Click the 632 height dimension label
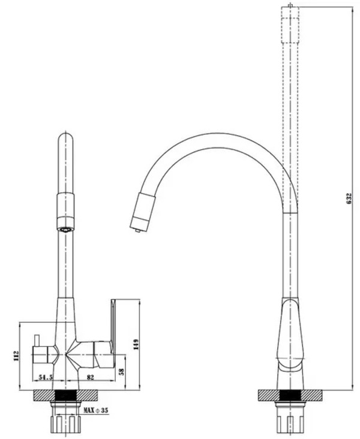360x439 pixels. [x=349, y=199]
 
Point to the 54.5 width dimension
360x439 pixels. [x=46, y=377]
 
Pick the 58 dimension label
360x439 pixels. [x=122, y=372]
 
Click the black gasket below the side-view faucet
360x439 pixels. [x=290, y=396]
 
